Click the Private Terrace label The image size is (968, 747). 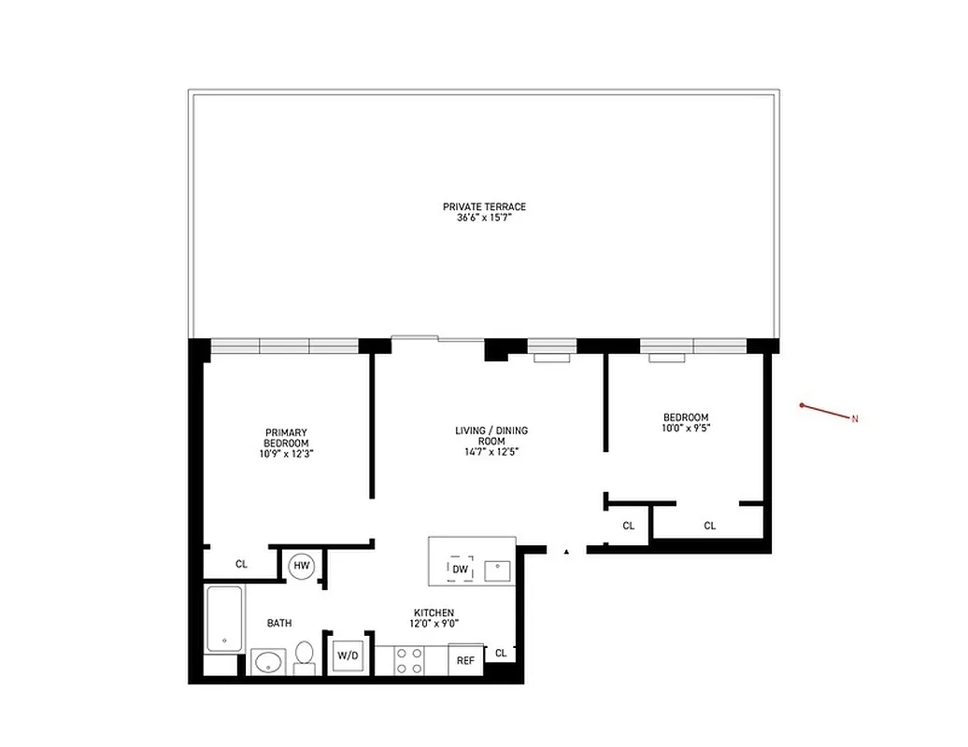pos(484,206)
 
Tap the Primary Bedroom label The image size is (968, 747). pos(285,437)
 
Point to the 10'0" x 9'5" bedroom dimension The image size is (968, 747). pos(686,430)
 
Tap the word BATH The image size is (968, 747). pos(279,623)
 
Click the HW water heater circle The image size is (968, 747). pos(302,565)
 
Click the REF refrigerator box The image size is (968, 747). pos(465,659)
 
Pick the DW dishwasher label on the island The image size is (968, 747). pos(460,569)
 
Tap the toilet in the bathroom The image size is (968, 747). pos(305,655)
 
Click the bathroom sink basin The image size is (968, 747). pos(267,663)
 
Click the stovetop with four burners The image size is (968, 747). pos(408,659)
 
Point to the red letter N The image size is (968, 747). pos(854,419)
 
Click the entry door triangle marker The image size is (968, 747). pos(566,553)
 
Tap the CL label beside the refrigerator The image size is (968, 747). pos(501,653)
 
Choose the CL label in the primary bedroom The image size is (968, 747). pos(241,564)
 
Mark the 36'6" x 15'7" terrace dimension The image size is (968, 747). pos(484,218)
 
